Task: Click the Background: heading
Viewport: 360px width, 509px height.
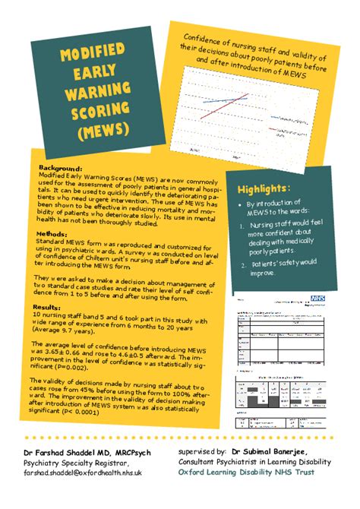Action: (x=60, y=169)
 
